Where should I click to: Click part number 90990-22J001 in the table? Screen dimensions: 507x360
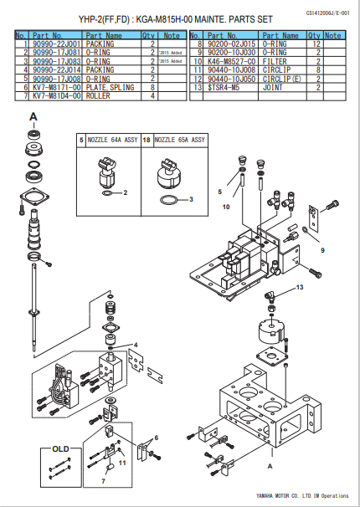(57, 44)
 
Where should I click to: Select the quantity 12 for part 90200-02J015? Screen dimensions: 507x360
(314, 44)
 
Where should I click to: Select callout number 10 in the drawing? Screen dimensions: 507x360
(225, 205)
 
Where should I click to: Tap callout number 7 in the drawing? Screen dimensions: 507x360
(104, 480)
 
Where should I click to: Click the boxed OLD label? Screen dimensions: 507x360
(60, 448)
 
